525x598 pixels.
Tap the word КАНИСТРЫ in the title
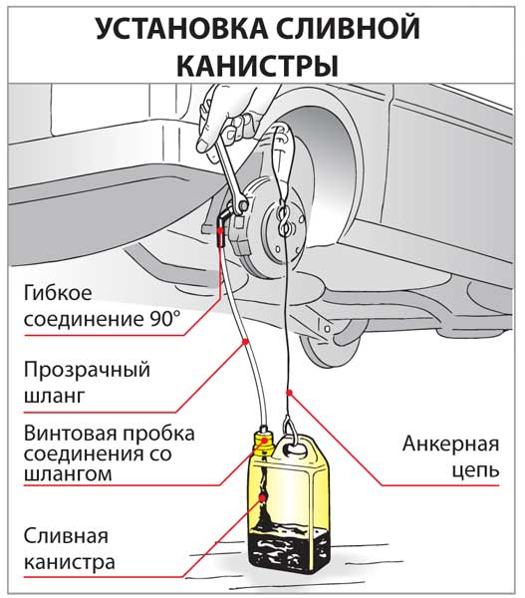click(257, 67)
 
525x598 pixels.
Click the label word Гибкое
click(58, 293)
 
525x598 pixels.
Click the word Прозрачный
click(87, 371)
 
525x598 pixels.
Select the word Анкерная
click(450, 444)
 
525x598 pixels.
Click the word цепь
click(475, 470)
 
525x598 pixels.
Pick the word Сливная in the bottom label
click(66, 536)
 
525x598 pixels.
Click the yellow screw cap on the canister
click(264, 444)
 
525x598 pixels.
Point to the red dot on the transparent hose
click(245, 341)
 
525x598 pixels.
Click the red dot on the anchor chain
click(289, 392)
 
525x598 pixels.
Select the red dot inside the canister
click(263, 497)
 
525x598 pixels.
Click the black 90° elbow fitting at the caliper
click(223, 225)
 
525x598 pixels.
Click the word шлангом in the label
click(68, 474)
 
